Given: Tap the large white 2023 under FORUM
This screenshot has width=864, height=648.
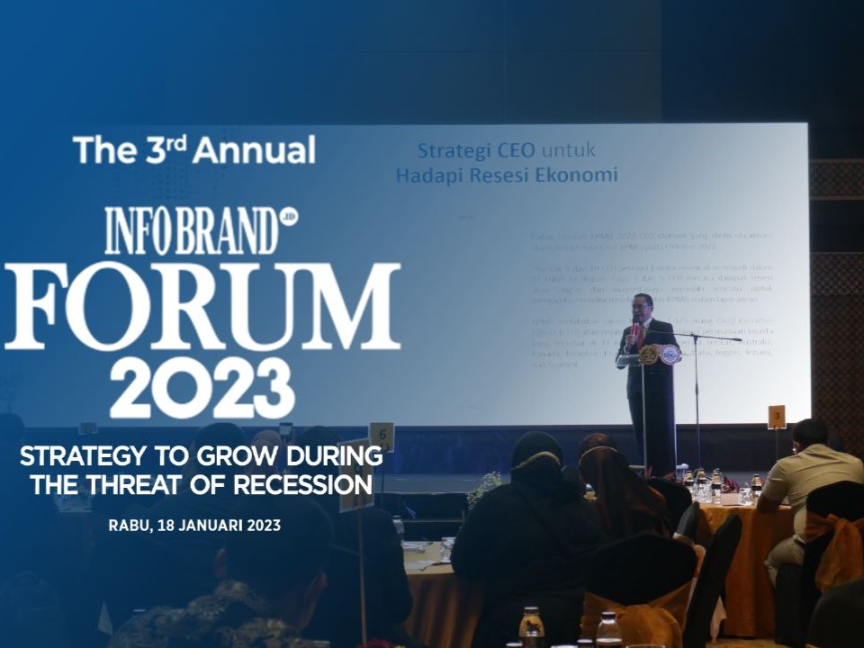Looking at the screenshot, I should point(202,389).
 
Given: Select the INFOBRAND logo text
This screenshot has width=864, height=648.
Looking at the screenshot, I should point(191,231).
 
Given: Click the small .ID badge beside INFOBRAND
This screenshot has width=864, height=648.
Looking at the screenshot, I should point(289,217).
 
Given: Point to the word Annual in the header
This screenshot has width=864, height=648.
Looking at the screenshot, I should point(253,149).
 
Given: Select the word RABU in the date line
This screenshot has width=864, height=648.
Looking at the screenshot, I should point(128,525).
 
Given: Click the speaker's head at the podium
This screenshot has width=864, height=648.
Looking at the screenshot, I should point(642,304).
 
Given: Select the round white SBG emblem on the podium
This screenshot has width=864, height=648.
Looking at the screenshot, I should point(670,355).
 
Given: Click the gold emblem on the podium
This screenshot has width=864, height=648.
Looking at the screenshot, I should point(648,355).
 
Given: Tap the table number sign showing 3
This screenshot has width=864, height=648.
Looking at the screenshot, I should point(777,416).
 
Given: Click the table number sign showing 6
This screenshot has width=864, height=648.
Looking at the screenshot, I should point(382,435).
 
